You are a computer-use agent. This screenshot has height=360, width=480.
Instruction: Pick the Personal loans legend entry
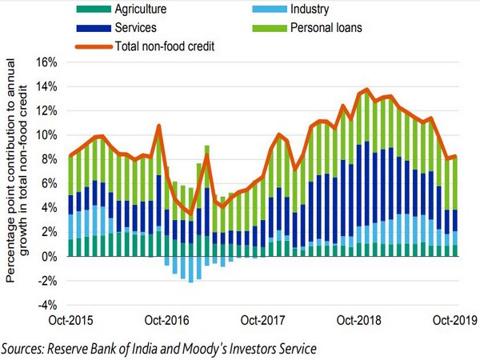point(327,29)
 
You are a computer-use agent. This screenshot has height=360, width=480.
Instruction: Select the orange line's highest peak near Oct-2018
point(366,90)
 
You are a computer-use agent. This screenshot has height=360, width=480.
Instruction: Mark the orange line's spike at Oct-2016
point(159,126)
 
